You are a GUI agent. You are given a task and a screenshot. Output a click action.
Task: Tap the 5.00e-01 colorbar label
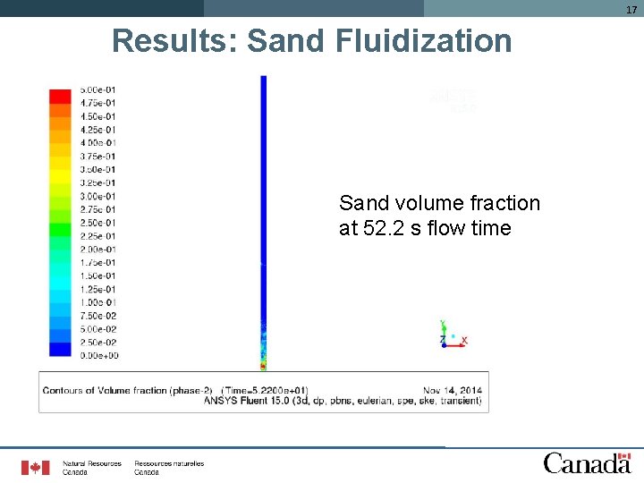pos(97,90)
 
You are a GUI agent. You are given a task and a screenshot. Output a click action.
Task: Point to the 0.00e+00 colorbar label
pos(97,356)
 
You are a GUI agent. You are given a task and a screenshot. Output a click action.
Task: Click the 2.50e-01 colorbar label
pos(97,223)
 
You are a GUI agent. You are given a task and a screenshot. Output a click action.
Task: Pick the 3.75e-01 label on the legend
pos(97,157)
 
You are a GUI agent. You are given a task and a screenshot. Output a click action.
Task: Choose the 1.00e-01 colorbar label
pos(97,302)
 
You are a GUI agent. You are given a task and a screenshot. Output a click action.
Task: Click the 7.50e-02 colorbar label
pos(97,316)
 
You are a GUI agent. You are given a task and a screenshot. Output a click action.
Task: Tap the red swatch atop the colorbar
pos(60,96)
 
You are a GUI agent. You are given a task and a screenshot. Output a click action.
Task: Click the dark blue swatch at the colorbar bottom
pos(60,350)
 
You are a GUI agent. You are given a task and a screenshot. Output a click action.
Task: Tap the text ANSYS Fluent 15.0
pos(250,402)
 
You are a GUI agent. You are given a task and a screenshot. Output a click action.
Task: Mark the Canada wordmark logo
pos(587,462)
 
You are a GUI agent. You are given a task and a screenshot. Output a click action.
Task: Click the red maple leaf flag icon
pos(36,467)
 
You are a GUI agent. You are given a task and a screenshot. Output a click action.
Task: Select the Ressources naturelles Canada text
pos(169,467)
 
